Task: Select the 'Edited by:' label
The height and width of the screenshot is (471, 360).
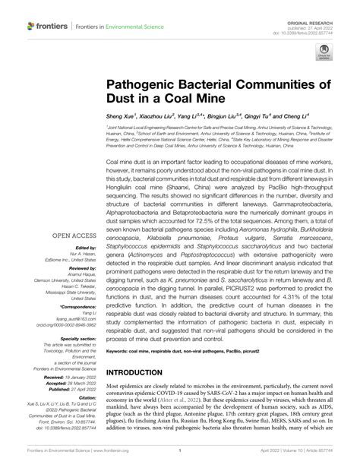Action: point(85,249)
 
